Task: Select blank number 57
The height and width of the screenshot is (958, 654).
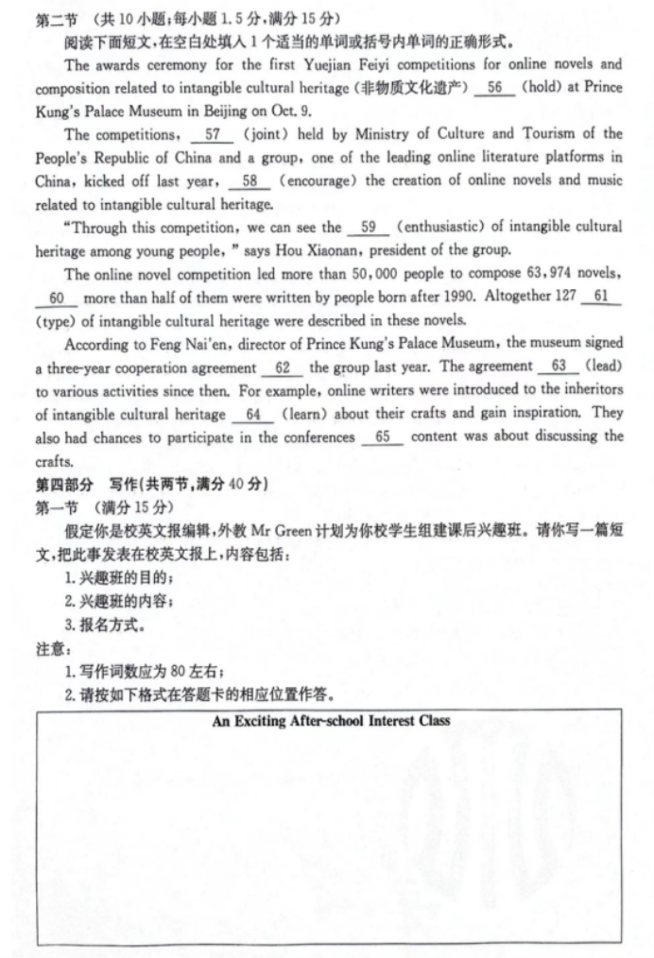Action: pos(212,134)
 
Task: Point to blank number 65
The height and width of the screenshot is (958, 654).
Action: pos(382,436)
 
